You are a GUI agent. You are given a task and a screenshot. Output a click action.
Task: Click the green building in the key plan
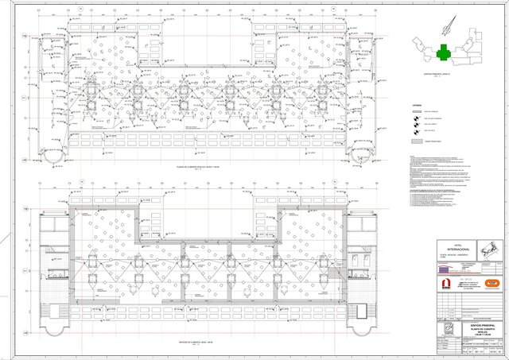tap(445, 52)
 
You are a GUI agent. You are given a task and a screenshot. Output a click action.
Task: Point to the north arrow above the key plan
tap(451, 25)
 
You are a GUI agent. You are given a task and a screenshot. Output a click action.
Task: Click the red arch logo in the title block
tap(446, 283)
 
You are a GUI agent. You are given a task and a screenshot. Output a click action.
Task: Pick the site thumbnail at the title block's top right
tap(490, 246)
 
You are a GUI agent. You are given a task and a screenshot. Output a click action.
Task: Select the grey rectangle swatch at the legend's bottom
tap(416, 140)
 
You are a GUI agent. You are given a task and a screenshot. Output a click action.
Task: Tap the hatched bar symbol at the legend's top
tap(416, 112)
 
